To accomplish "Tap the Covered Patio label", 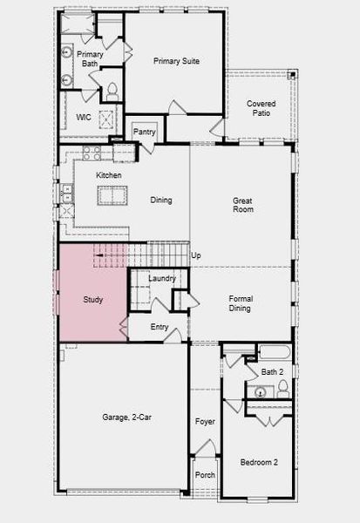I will (x=261, y=108).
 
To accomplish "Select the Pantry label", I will (x=144, y=132).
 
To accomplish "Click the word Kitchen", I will (x=109, y=175).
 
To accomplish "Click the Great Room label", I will (x=242, y=205).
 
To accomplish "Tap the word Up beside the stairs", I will (x=196, y=255).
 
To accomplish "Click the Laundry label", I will (x=162, y=278).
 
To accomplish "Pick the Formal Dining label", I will (x=241, y=303).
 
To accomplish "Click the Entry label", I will (x=160, y=327).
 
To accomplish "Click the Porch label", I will (x=204, y=475).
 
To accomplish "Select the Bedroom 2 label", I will (x=259, y=462).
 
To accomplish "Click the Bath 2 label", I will (x=272, y=372).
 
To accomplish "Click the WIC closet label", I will (x=84, y=117).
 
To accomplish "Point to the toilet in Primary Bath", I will (x=112, y=89).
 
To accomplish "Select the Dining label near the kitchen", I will (x=160, y=200).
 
